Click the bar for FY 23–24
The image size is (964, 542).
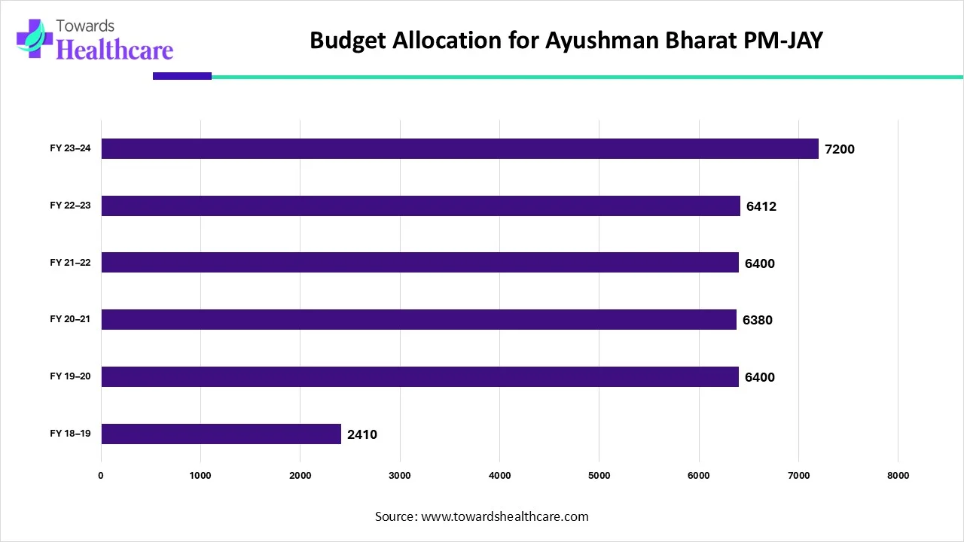[x=459, y=148]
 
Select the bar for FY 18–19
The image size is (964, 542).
[x=221, y=434]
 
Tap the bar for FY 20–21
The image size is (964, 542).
[x=419, y=319]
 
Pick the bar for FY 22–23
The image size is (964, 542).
[x=420, y=206]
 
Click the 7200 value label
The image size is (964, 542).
[x=840, y=149]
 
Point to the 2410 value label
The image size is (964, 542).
[x=362, y=434]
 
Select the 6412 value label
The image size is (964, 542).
[x=761, y=206]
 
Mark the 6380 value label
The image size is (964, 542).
[x=758, y=320]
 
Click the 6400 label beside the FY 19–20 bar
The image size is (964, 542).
[x=760, y=377]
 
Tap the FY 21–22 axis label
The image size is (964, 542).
[x=70, y=262]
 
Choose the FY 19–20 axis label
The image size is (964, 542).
[x=70, y=376]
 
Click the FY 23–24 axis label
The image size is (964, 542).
[x=70, y=148]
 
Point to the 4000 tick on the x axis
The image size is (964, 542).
[x=499, y=475]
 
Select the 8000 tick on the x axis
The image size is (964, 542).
[x=898, y=475]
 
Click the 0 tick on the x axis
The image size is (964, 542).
[x=101, y=475]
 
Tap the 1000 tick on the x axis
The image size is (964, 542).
[x=200, y=475]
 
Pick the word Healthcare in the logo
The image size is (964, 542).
[x=114, y=49]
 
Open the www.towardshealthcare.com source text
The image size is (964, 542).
[x=505, y=516]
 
